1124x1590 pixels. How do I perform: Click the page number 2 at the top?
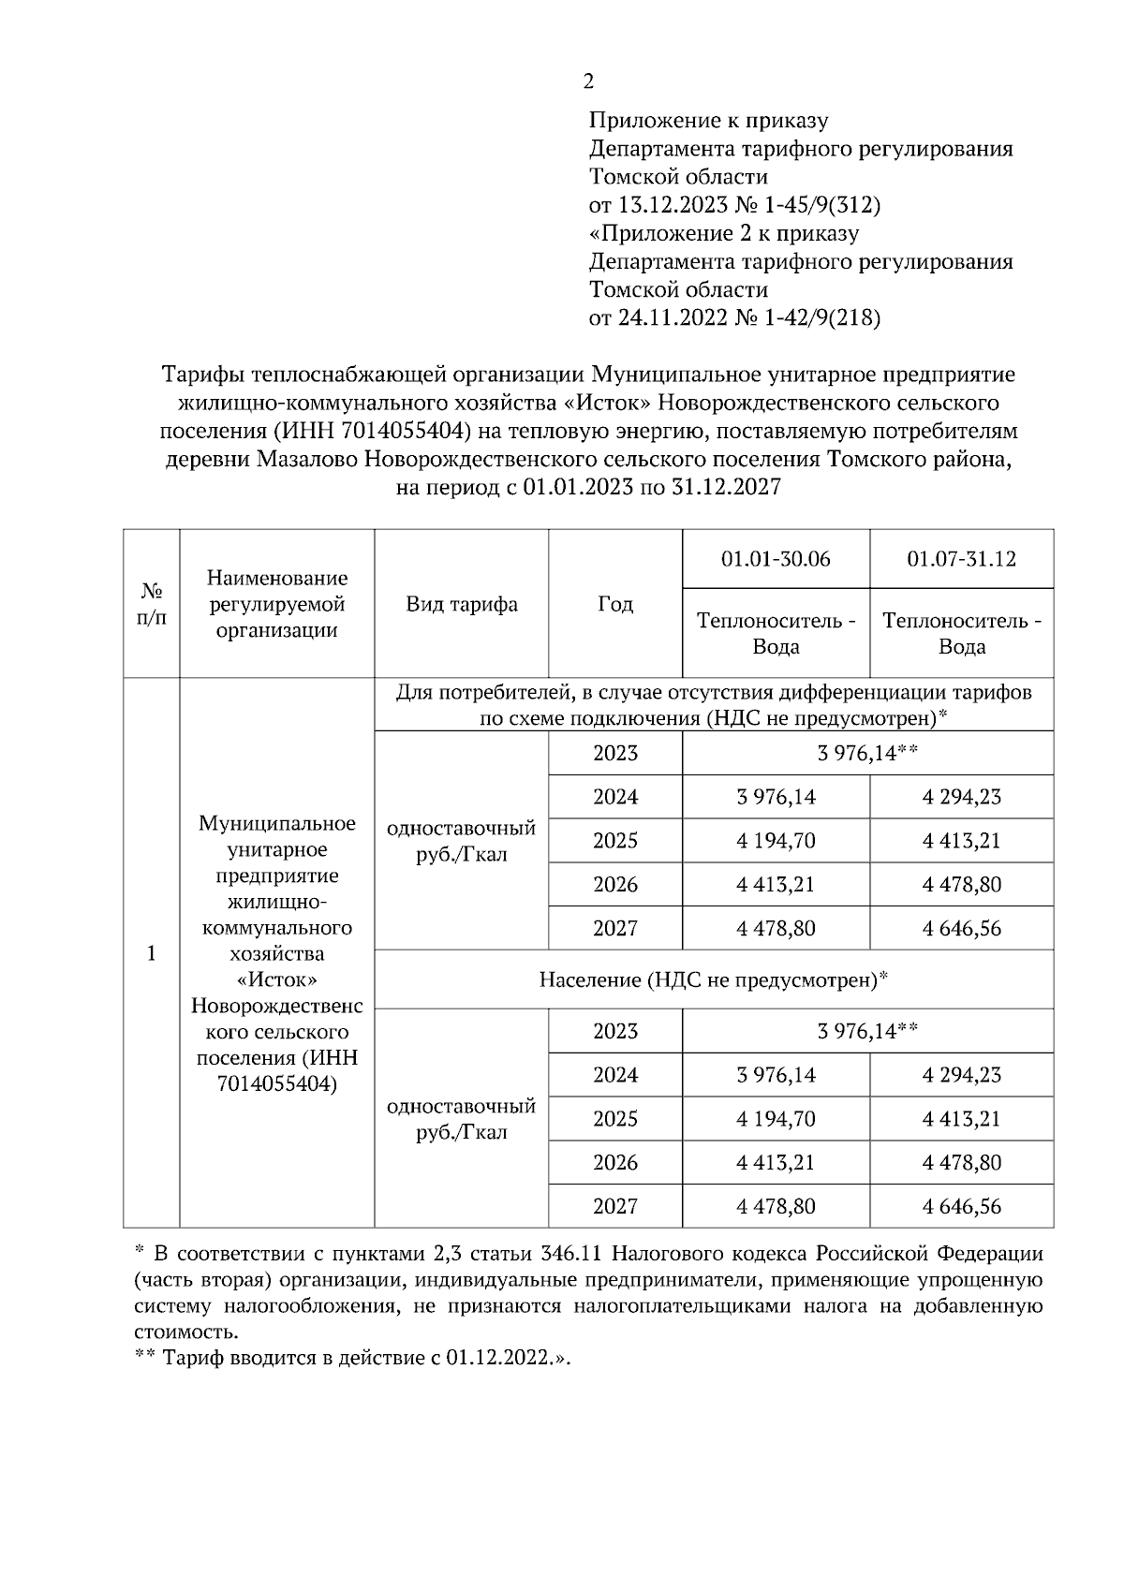tap(588, 82)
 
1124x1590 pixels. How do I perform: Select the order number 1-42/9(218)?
tap(822, 317)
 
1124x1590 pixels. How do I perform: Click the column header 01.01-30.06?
tap(776, 559)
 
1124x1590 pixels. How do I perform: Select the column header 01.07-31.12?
tap(961, 559)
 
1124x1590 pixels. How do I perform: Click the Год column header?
tap(614, 604)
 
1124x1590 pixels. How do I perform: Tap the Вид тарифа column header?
tap(461, 604)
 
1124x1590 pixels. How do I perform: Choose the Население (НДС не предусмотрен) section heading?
tap(713, 980)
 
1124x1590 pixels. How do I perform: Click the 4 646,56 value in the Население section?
tap(961, 1206)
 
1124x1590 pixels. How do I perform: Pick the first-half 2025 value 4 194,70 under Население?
tap(776, 1119)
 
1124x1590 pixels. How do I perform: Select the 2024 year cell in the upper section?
tap(614, 797)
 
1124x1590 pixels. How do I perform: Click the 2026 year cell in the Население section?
tap(614, 1162)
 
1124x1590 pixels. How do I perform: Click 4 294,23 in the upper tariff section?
tap(961, 797)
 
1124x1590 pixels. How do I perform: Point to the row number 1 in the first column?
tap(151, 953)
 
